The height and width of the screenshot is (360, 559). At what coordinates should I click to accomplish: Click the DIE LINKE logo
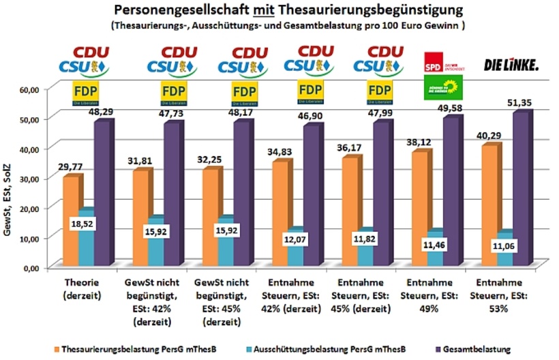coord(511,65)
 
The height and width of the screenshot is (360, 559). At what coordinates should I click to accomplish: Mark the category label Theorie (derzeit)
coord(82,287)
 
